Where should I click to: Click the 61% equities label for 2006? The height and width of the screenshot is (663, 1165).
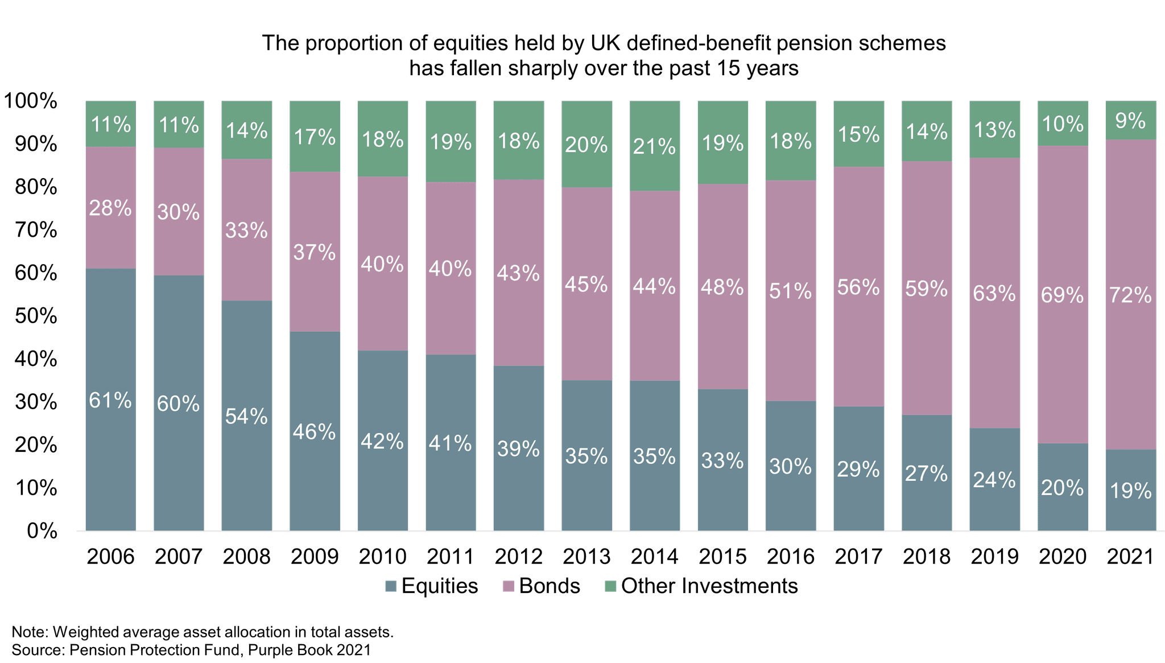110,401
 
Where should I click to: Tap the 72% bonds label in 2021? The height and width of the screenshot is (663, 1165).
1130,295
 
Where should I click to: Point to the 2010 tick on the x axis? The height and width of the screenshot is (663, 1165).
382,556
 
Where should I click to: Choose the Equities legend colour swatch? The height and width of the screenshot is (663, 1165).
390,586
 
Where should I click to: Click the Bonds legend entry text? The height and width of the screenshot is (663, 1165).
550,586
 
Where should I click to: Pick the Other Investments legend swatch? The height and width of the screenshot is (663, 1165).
610,586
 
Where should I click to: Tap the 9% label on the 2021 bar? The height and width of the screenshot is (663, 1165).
1130,121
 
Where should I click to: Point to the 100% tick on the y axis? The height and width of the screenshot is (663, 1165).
31,102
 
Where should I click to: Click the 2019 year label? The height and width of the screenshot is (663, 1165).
994,556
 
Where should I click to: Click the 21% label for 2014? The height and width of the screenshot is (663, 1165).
655,147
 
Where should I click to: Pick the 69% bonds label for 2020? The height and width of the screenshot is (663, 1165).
1063,295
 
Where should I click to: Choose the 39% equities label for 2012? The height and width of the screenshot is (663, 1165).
518,449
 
